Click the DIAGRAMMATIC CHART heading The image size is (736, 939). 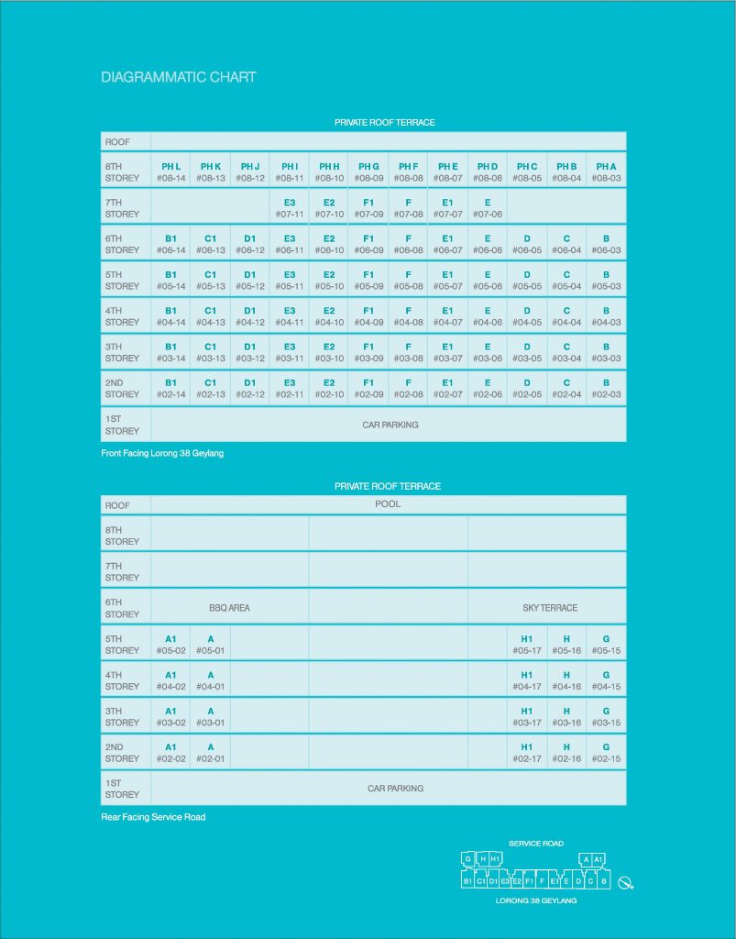tap(179, 77)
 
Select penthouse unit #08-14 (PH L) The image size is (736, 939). tap(170, 172)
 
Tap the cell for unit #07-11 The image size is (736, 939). tap(290, 208)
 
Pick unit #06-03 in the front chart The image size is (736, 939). tap(606, 244)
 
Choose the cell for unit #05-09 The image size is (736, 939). tap(368, 280)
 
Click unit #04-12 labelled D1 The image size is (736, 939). tap(250, 316)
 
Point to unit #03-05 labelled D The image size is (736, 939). tap(527, 352)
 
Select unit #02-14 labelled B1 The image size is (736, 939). tap(170, 389)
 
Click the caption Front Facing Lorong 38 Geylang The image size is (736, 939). tap(162, 453)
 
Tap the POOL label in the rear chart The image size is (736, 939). tap(388, 504)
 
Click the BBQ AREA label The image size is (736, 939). tap(229, 608)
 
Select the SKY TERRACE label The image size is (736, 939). tap(550, 608)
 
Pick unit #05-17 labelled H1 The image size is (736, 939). tap(527, 645)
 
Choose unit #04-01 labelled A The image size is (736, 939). tap(211, 680)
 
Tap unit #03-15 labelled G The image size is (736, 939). tap(606, 716)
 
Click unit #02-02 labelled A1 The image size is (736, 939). tap(170, 753)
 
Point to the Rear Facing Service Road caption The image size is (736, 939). tap(153, 817)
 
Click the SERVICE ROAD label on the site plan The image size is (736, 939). tap(536, 843)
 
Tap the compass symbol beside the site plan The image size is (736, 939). tap(626, 883)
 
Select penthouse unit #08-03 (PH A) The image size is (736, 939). tap(606, 172)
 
